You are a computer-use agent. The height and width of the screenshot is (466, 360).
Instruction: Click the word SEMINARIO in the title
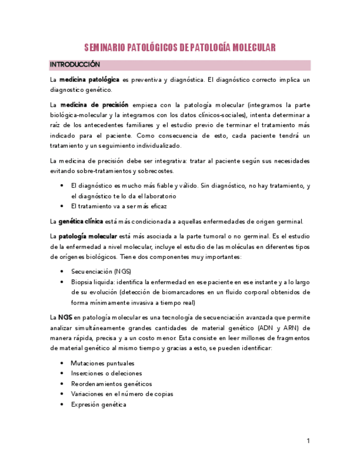pyautogui.click(x=108, y=48)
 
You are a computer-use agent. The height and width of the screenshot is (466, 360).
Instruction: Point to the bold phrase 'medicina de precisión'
pyautogui.click(x=94, y=104)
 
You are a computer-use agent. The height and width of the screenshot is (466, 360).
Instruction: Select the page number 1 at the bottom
pyautogui.click(x=308, y=441)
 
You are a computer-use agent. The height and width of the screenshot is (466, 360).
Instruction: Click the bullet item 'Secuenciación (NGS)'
pyautogui.click(x=101, y=271)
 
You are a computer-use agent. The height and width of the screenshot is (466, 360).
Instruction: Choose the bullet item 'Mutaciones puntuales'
pyautogui.click(x=102, y=363)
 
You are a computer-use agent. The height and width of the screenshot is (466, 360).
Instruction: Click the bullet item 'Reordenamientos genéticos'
pyautogui.click(x=112, y=384)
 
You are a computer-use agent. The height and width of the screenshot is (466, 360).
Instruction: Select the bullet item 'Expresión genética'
pyautogui.click(x=98, y=404)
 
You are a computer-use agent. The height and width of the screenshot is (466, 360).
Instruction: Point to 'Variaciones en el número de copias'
pyautogui.click(x=122, y=394)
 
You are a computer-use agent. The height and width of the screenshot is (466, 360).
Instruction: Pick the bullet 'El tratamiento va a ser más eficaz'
pyautogui.click(x=119, y=206)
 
